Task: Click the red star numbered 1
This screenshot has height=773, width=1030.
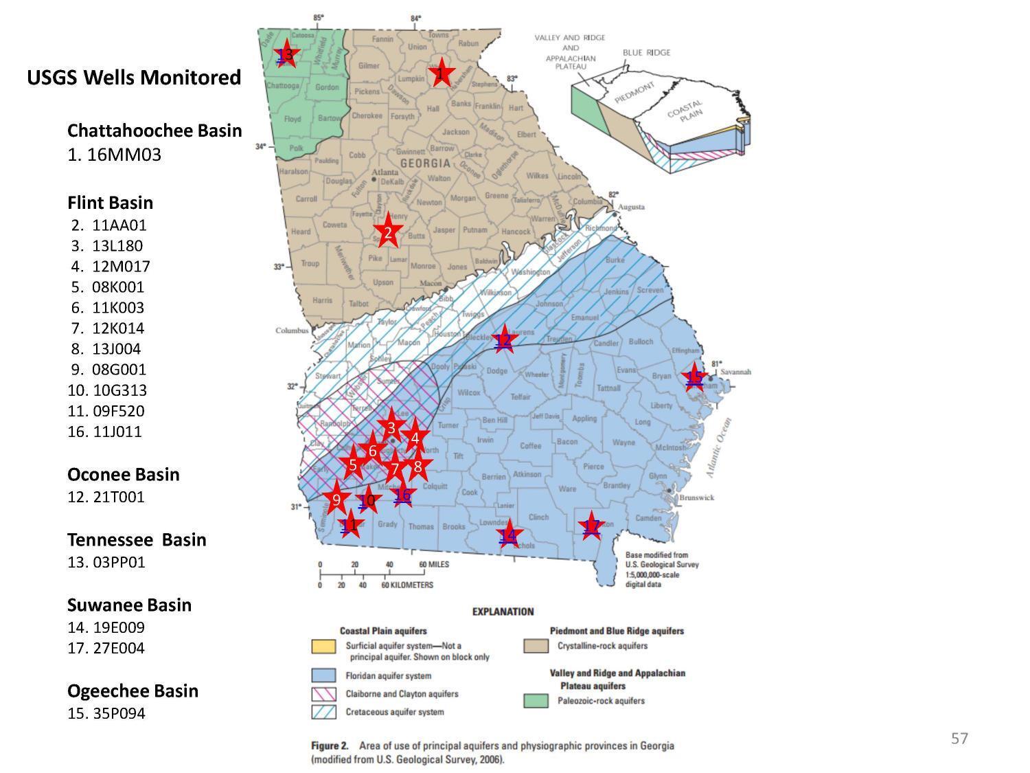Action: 442,72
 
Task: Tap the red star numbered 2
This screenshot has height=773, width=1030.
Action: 388,232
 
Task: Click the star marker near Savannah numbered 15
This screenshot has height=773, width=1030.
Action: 695,377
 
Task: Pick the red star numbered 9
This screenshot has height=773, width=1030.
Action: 336,500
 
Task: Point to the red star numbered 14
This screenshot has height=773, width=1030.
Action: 508,535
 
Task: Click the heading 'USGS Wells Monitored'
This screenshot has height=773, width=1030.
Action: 134,78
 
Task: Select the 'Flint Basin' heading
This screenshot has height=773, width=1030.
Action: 110,203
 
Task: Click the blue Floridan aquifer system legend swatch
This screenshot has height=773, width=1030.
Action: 323,675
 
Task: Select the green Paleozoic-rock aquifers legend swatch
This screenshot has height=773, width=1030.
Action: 536,701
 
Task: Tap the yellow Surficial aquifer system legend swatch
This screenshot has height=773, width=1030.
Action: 323,647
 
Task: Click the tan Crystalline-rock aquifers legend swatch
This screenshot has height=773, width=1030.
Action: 536,646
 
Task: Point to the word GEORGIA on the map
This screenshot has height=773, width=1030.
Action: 425,164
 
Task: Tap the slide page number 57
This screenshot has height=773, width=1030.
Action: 959,738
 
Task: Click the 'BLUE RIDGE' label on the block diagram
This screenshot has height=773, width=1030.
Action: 646,52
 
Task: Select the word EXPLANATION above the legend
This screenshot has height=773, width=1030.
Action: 503,612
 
